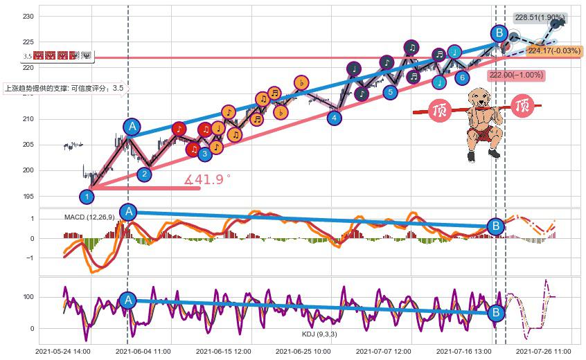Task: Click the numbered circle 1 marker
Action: [87, 197]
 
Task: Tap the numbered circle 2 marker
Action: [144, 174]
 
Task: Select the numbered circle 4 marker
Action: [335, 118]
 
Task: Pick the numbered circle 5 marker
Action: [390, 91]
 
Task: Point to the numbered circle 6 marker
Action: [462, 78]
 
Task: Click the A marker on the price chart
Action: [132, 126]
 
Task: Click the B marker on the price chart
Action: [498, 33]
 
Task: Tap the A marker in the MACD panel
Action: [127, 212]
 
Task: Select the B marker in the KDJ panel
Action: [496, 313]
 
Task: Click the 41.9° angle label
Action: [207, 179]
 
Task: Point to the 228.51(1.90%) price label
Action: [540, 18]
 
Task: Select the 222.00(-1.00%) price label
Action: [516, 75]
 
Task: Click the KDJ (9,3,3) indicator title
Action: [319, 334]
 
